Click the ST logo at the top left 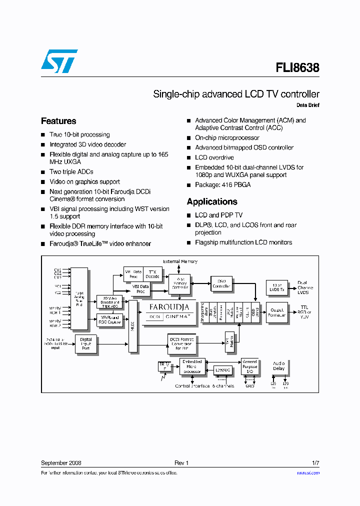point(59,61)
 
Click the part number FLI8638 point(297,67)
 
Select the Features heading point(58,121)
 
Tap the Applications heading point(212,201)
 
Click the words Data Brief point(307,105)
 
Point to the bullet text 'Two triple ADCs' point(71,172)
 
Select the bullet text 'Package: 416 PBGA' point(222,184)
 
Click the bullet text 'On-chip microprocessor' point(227,137)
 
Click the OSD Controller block point(221,284)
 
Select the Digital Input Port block point(85,344)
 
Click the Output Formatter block point(276,312)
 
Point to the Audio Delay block point(278,366)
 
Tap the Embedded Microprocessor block point(192,366)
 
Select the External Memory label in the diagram point(180,261)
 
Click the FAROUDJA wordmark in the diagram point(169,307)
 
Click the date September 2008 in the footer point(61,463)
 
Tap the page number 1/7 point(315,463)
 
